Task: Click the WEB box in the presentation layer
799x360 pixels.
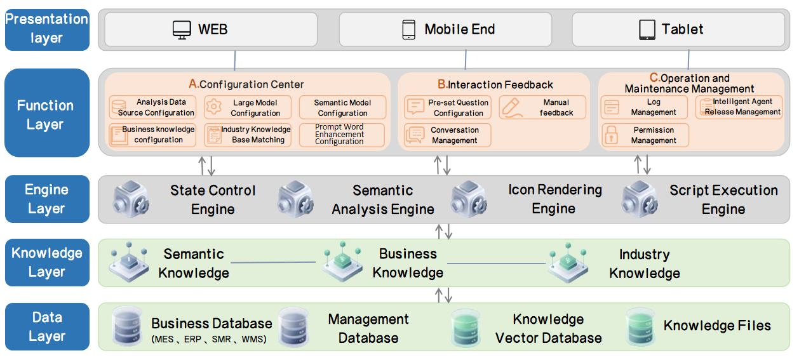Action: pyautogui.click(x=210, y=29)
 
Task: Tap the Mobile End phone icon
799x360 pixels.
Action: pyautogui.click(x=409, y=29)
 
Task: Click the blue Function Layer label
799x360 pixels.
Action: pyautogui.click(x=46, y=114)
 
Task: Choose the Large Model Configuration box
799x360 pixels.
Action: pyautogui.click(x=248, y=107)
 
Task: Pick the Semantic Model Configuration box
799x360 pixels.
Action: pyautogui.click(x=342, y=107)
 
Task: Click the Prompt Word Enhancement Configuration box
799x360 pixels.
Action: pyautogui.click(x=342, y=135)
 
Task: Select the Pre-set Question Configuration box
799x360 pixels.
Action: pyautogui.click(x=448, y=107)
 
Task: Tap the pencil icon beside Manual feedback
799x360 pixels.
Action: pyautogui.click(x=511, y=107)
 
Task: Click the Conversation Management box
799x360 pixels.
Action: pyautogui.click(x=448, y=135)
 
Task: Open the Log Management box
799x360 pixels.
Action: pyautogui.click(x=645, y=107)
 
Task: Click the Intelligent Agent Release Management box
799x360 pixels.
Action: pyautogui.click(x=739, y=107)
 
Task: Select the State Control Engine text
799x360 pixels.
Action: pyautogui.click(x=213, y=199)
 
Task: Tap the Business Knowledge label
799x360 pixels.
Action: pyautogui.click(x=408, y=263)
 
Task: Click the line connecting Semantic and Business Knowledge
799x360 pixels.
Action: pyautogui.click(x=273, y=262)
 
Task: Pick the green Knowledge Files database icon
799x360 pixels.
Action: pyautogui.click(x=640, y=326)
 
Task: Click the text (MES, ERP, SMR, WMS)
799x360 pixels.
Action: pyautogui.click(x=209, y=340)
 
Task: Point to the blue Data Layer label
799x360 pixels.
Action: pyautogui.click(x=46, y=326)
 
